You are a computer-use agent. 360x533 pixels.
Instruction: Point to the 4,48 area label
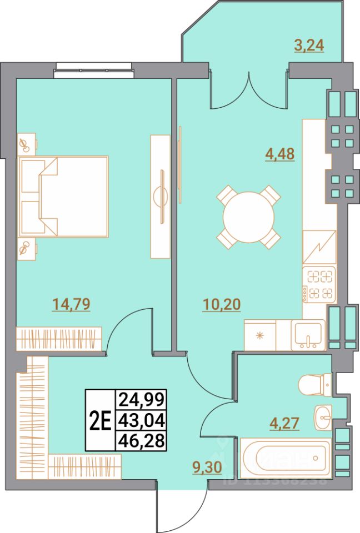tap(280, 153)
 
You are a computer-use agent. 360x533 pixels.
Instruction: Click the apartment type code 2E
tap(100, 420)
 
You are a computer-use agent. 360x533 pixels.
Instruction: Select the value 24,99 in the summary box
tap(141, 399)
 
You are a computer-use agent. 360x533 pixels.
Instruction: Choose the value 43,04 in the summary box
tap(141, 420)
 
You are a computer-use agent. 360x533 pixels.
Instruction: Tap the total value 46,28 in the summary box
tap(141, 441)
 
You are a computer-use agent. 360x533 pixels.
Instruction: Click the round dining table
tap(248, 217)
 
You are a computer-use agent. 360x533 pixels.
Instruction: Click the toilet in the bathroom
tap(314, 383)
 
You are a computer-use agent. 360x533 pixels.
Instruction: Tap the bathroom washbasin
tap(323, 416)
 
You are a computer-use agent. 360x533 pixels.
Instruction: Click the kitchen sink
tap(309, 335)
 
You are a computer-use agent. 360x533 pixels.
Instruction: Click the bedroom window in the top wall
tap(93, 69)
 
